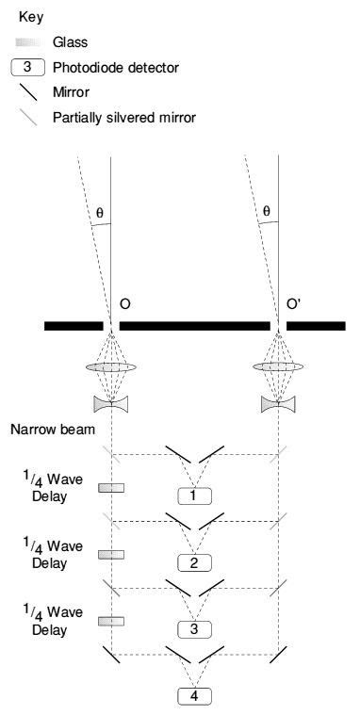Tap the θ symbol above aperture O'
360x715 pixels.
coord(266,212)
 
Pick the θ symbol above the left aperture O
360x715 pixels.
coord(100,212)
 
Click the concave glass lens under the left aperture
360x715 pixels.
coord(112,403)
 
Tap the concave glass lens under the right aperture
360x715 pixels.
coord(278,403)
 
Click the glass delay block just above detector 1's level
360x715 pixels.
coord(111,488)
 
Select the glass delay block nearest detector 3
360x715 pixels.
coord(111,622)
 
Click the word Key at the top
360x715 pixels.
coord(31,16)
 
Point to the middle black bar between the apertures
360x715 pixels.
coord(195,326)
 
